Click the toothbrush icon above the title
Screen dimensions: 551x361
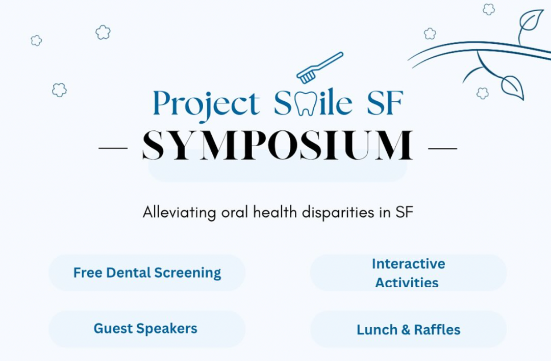coord(319,67)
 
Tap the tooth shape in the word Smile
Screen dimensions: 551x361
coord(306,103)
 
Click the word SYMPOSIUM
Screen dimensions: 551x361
coord(278,145)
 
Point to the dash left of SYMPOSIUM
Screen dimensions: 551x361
coord(113,148)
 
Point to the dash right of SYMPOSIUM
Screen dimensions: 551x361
coord(442,149)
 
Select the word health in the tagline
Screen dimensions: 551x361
coord(275,212)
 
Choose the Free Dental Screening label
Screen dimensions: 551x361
coord(147,273)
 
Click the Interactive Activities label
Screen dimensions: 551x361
coord(408,273)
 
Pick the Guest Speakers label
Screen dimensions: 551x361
coord(145,328)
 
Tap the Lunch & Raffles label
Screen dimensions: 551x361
coord(408,330)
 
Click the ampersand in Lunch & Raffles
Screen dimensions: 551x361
coord(406,330)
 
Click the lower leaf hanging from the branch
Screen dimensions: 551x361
coord(513,88)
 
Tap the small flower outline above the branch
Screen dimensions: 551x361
coord(488,9)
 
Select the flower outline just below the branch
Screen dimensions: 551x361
coord(483,93)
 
